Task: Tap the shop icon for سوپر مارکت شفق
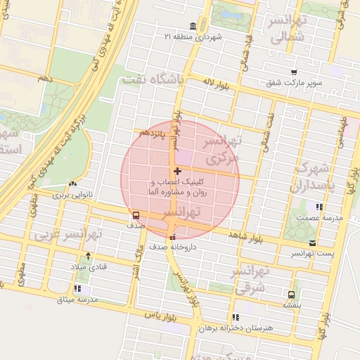[293, 72]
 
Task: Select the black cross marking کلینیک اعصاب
[176, 171]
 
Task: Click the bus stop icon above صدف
[136, 216]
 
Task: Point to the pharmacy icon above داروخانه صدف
[173, 237]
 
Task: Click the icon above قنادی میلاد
[88, 255]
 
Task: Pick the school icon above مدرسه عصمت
[320, 207]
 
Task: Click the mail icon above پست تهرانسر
[312, 243]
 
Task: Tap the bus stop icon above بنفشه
[291, 295]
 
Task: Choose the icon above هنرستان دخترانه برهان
[235, 317]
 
